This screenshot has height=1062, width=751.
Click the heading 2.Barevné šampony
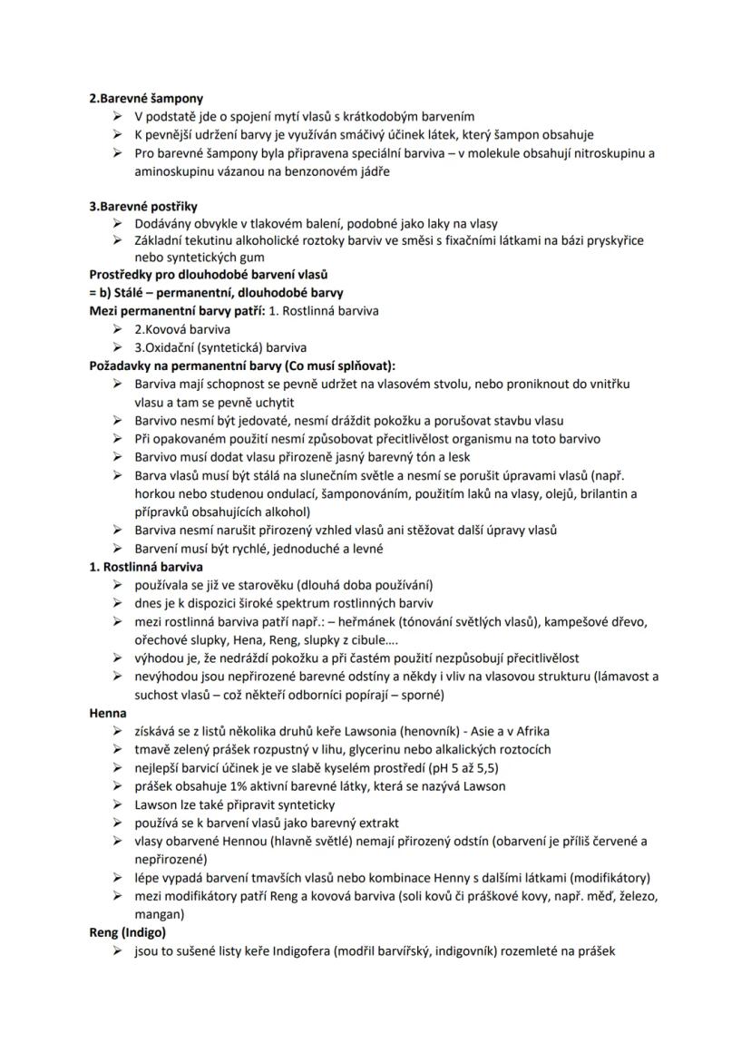coord(146,97)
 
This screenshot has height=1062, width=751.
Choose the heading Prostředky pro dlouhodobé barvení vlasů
coord(208,274)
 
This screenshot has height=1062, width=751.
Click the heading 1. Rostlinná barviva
coord(145,566)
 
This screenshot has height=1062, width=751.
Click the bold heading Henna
coord(108,713)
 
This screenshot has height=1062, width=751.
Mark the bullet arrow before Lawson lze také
coord(118,804)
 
